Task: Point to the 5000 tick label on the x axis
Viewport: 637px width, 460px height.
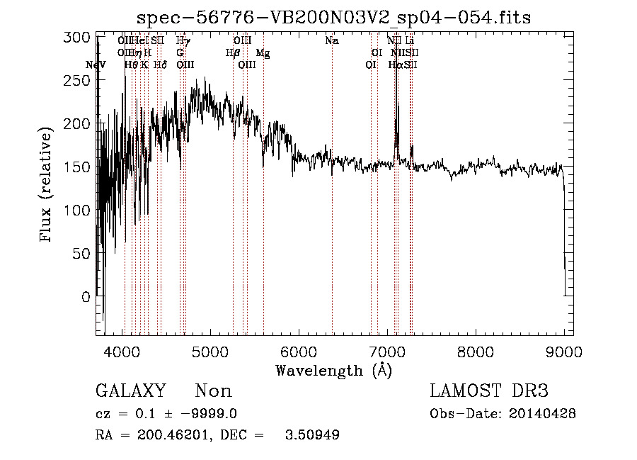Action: [x=210, y=351]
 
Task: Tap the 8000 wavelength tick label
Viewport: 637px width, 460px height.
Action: [x=476, y=351]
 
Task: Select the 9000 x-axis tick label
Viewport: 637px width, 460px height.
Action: [x=563, y=351]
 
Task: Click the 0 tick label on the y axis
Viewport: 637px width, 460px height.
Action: [x=86, y=297]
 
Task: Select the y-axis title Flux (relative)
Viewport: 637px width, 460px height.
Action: [x=47, y=185]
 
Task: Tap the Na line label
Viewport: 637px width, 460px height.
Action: [x=332, y=41]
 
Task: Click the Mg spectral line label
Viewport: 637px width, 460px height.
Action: [x=263, y=53]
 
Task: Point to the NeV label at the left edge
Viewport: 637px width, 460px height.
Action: [x=96, y=65]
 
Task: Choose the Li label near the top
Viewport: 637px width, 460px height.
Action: [x=409, y=41]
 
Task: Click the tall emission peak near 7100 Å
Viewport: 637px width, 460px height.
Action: [x=397, y=106]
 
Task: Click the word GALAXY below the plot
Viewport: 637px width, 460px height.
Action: [x=130, y=391]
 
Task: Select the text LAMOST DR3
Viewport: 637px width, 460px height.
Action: [x=489, y=391]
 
